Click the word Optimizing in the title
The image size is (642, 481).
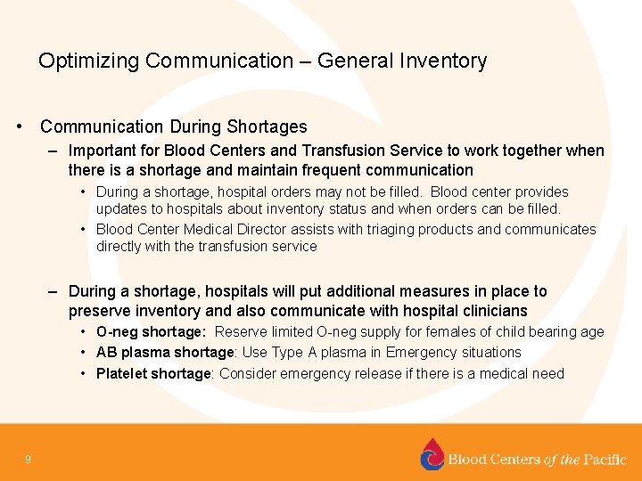(88, 61)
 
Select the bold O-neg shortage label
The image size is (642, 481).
(151, 332)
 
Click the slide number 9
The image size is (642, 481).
(29, 460)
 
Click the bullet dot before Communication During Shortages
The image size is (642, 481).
(20, 127)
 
